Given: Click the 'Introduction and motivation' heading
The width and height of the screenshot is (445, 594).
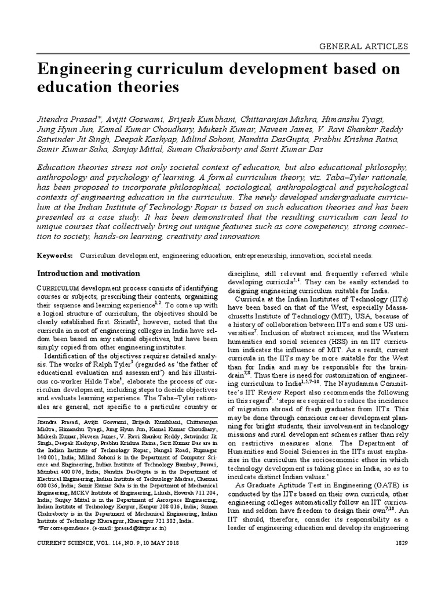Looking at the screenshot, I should click(x=88, y=273).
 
